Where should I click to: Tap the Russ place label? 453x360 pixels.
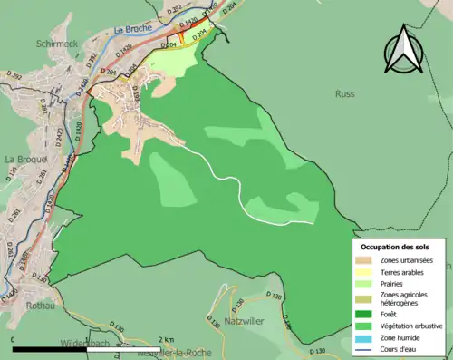[344, 93]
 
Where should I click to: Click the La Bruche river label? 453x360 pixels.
[133, 28]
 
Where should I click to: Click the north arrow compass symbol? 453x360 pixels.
[403, 51]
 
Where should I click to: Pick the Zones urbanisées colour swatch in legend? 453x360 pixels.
[367, 261]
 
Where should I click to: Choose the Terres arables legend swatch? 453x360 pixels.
[367, 273]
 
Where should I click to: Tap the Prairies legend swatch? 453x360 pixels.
[367, 285]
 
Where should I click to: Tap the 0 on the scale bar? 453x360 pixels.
[13, 340]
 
